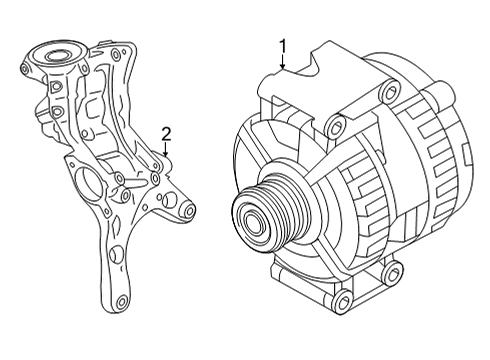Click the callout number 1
coord(283,46)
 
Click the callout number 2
coord(166,134)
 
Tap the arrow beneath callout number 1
coord(283,62)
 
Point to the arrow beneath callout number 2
coord(166,149)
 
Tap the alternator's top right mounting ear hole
coord(390,91)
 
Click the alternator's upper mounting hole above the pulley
coord(336,126)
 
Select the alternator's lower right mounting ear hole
coord(392,274)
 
